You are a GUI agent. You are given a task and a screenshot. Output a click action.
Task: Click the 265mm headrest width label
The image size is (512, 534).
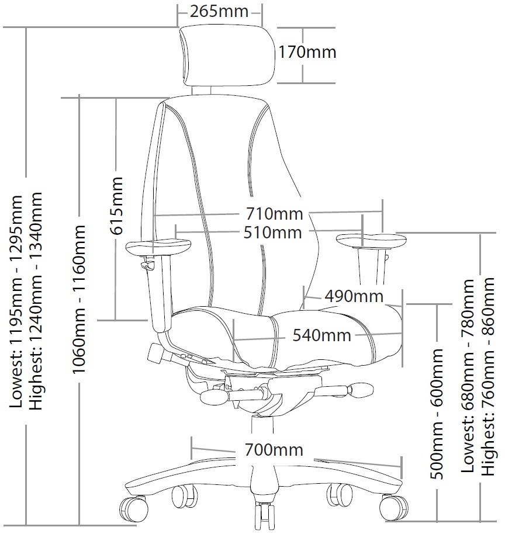pos(220,11)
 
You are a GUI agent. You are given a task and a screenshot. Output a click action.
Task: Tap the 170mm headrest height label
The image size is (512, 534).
pos(307,52)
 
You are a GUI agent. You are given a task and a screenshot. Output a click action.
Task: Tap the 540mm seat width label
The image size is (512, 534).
pos(321,335)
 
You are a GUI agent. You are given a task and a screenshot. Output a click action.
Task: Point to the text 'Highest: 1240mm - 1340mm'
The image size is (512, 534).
pos(37,301)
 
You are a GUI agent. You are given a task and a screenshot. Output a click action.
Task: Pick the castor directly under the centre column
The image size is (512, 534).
pos(264,515)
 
